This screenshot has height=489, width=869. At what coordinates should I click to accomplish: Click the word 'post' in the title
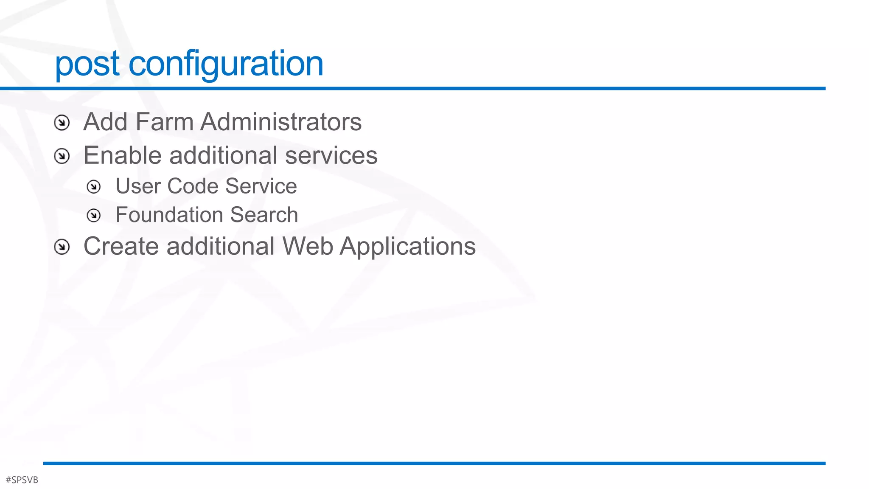[87, 64]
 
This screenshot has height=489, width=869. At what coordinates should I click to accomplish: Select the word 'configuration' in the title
[226, 64]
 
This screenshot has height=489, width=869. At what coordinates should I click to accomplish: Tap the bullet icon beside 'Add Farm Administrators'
[62, 123]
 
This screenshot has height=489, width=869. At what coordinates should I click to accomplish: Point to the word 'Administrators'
[281, 122]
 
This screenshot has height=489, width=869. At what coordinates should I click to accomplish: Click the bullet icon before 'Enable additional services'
[62, 156]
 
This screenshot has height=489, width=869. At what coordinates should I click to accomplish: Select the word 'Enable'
[123, 155]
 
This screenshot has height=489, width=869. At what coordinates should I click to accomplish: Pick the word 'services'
[331, 155]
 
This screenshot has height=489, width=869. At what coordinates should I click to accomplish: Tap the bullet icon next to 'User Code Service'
[94, 187]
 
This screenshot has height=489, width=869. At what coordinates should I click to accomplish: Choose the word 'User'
[138, 186]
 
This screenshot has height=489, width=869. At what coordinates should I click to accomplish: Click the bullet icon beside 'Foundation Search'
[94, 216]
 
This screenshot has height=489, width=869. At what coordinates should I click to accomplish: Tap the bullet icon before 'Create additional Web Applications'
[62, 247]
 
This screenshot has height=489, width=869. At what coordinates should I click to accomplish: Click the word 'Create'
[121, 246]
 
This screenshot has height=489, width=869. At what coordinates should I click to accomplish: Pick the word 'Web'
[308, 246]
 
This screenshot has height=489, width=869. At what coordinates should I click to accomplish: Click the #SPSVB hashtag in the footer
[22, 480]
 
